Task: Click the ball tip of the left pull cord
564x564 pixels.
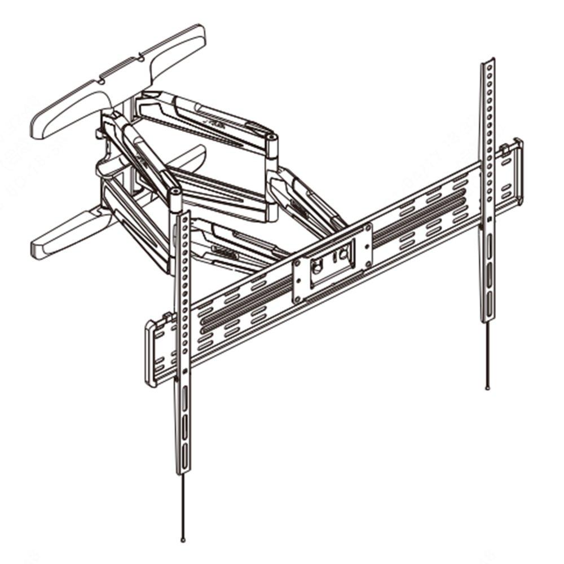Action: [x=183, y=540]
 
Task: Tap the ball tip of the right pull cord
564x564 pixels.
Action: [x=487, y=387]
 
